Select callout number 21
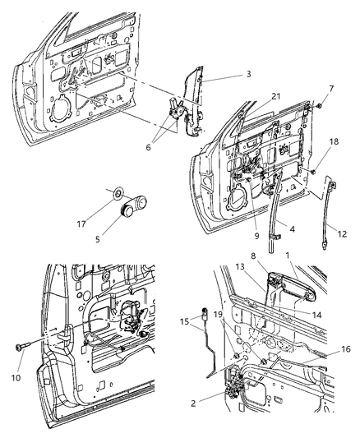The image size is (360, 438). pyautogui.click(x=253, y=97)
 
